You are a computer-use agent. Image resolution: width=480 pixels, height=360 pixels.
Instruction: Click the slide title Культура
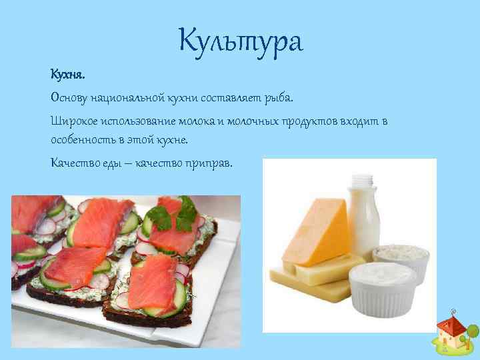click(x=240, y=41)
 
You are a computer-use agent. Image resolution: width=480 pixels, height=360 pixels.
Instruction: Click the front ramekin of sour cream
click(x=383, y=290)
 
